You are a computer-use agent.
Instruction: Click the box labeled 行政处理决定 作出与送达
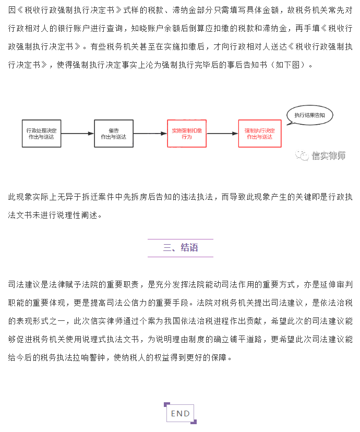pyautogui.click(x=41, y=134)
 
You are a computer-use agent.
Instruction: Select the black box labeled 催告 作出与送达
pyautogui.click(x=114, y=134)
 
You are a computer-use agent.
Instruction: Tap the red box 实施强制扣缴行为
pyautogui.click(x=187, y=134)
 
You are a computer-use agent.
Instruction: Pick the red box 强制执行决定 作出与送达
pyautogui.click(x=260, y=134)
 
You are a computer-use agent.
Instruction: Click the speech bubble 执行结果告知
pyautogui.click(x=309, y=115)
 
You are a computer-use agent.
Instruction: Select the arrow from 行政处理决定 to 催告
pyautogui.click(x=77, y=134)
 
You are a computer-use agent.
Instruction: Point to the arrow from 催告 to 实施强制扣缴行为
pyautogui.click(x=150, y=134)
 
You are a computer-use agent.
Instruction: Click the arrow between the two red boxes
pyautogui.click(x=222, y=134)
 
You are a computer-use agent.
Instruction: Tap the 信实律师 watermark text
pyautogui.click(x=328, y=155)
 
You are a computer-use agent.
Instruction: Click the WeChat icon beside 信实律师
pyautogui.click(x=302, y=155)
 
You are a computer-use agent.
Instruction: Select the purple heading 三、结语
pyautogui.click(x=181, y=248)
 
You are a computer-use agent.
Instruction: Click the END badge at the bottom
pyautogui.click(x=181, y=413)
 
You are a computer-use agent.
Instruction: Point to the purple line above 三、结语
pyautogui.click(x=181, y=239)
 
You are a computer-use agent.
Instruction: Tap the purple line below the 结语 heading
pyautogui.click(x=181, y=257)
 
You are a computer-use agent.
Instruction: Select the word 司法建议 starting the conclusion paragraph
pyautogui.click(x=24, y=284)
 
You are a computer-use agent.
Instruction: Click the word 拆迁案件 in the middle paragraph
pyautogui.click(x=98, y=197)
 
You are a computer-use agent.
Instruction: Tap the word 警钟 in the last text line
pyautogui.click(x=97, y=357)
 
